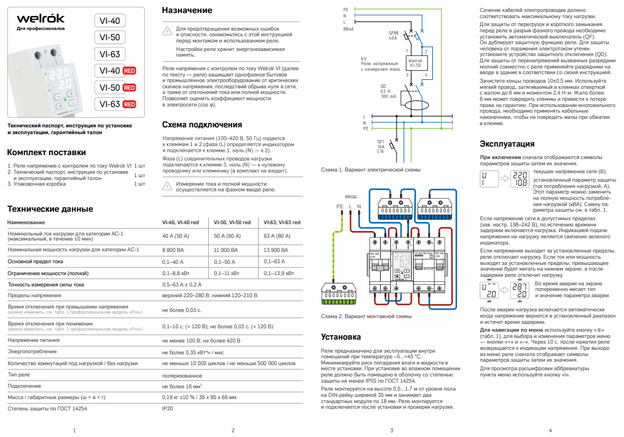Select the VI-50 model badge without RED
(x=109, y=37)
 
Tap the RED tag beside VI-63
(x=130, y=104)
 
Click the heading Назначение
(x=187, y=10)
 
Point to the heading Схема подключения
(x=202, y=125)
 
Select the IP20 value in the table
(x=168, y=408)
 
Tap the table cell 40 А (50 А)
(x=175, y=235)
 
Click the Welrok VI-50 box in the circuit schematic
(x=415, y=62)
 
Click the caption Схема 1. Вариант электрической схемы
(x=371, y=170)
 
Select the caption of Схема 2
(x=366, y=316)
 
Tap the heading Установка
(x=341, y=337)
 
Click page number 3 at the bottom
(x=391, y=430)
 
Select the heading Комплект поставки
(x=46, y=152)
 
